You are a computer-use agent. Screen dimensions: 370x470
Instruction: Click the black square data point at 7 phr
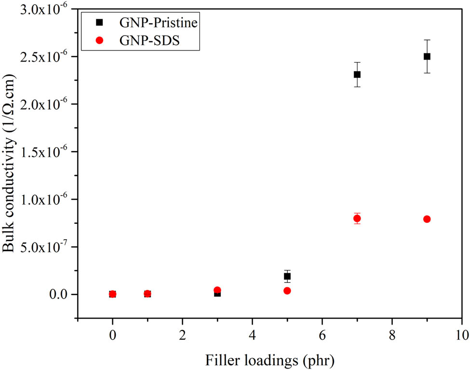357,75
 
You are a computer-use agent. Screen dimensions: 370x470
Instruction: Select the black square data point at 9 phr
427,56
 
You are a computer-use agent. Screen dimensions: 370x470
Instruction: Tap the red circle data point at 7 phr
357,218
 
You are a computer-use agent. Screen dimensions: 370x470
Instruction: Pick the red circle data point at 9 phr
427,219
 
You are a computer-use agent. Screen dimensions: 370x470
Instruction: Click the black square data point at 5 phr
287,276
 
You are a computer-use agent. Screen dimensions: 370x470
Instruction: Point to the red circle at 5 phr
287,291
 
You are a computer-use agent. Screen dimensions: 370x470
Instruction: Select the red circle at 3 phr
217,290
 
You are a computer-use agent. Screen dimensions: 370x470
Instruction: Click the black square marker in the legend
99,22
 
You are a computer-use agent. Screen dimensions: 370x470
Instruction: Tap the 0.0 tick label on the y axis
60,294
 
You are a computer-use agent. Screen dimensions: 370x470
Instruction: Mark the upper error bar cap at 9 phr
427,40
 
